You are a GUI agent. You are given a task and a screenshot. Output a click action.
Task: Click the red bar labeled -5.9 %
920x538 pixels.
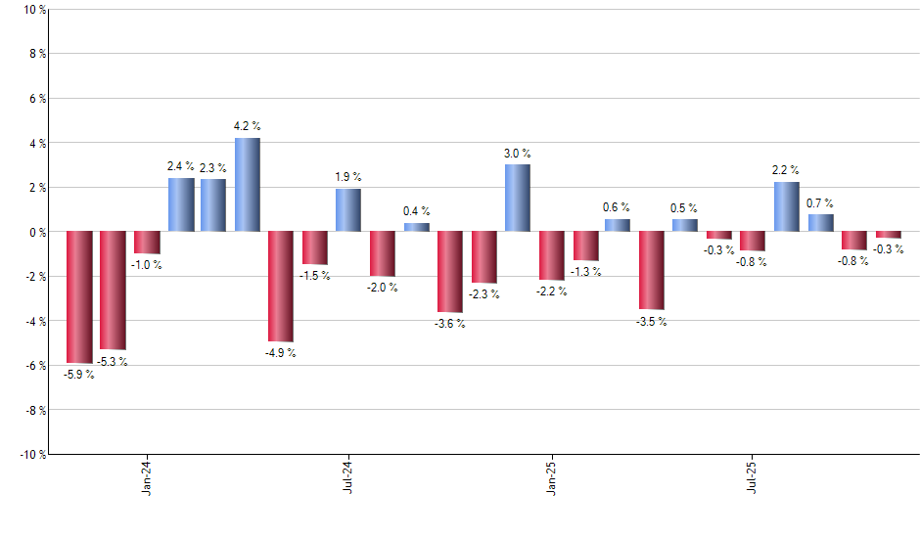(x=79, y=296)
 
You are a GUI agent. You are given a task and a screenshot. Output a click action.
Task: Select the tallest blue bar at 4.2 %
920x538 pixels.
(x=248, y=185)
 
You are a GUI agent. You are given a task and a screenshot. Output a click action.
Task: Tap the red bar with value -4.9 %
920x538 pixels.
(x=281, y=286)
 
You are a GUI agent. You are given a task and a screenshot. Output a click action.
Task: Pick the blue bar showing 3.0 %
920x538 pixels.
(x=518, y=199)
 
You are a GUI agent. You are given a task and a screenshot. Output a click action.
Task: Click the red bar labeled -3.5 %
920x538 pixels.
(x=652, y=270)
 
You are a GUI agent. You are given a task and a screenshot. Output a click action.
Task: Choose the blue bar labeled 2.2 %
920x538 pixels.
(x=786, y=207)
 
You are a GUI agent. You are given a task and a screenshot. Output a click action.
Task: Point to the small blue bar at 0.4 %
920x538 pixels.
(x=416, y=227)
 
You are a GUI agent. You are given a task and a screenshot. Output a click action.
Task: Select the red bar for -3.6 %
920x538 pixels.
(x=450, y=271)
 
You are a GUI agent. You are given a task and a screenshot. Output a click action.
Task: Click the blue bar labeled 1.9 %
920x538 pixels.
(x=348, y=210)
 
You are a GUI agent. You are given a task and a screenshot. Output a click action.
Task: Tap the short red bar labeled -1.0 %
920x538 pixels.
(x=147, y=243)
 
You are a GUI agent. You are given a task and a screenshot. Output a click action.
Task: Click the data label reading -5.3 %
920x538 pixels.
(x=112, y=362)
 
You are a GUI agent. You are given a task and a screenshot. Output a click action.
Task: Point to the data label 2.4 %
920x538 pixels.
(x=180, y=167)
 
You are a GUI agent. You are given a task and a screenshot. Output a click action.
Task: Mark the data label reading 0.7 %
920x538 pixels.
(x=820, y=203)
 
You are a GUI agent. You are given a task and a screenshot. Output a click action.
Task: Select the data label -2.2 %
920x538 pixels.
(x=551, y=292)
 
